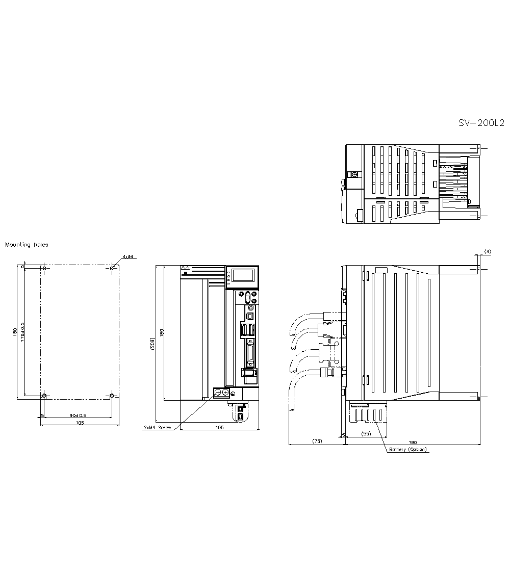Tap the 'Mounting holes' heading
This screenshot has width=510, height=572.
27,245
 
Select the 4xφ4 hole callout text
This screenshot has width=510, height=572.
127,256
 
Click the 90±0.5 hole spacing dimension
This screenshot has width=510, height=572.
78,415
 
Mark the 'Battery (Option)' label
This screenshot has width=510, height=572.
408,450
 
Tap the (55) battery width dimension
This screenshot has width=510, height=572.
366,433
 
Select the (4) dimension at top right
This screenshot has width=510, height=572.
488,251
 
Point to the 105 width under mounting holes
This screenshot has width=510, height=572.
80,423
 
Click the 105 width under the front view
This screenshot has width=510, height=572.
219,428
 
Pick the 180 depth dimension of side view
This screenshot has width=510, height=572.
413,442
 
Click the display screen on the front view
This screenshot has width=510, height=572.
242,276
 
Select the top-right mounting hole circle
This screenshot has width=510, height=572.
112,267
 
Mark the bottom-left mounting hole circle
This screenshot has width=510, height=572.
44,396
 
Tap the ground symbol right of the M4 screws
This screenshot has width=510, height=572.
233,393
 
